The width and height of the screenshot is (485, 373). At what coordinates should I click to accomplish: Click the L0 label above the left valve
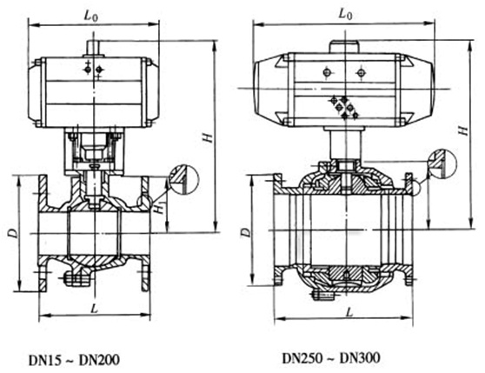click(x=91, y=16)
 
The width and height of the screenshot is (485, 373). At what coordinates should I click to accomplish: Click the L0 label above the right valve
click(x=345, y=14)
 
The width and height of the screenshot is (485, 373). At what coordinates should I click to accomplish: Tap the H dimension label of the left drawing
click(x=209, y=137)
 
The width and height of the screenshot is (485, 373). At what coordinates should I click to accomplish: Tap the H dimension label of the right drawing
click(x=462, y=130)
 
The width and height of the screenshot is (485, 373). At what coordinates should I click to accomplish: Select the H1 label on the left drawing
click(x=160, y=209)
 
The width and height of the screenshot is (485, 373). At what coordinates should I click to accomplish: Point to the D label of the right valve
click(x=245, y=232)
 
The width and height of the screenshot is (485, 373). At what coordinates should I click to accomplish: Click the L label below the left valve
click(x=94, y=308)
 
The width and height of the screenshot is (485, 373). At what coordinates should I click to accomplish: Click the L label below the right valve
click(x=349, y=312)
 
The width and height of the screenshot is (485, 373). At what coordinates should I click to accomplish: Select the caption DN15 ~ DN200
click(x=74, y=360)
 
